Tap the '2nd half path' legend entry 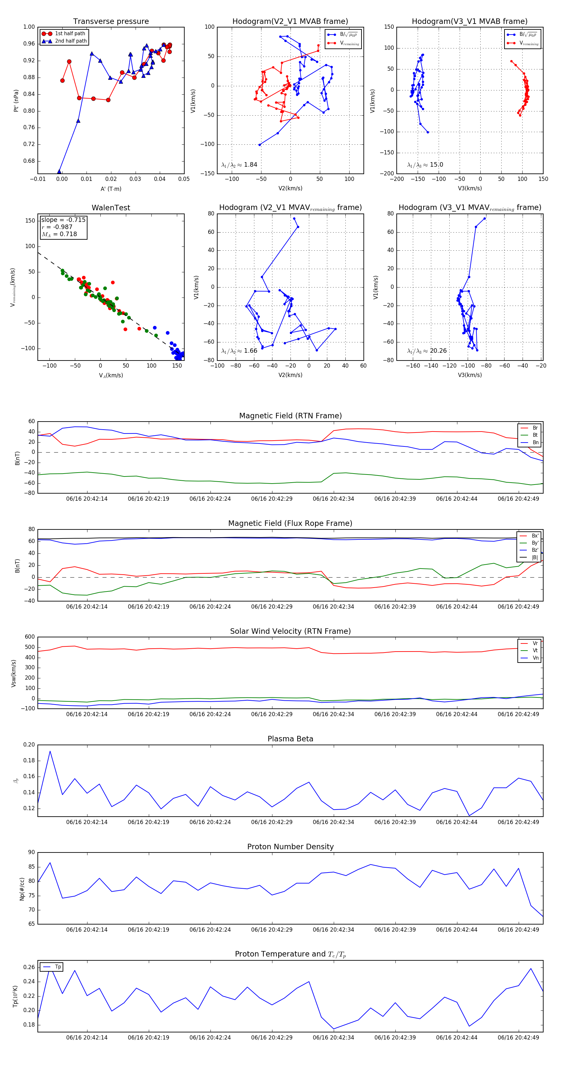pos(71,41)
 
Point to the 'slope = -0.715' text pos(63,220)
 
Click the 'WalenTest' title pos(111,208)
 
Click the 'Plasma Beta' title pos(290,739)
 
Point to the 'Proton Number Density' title pos(290,847)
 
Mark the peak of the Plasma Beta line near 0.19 pos(50,751)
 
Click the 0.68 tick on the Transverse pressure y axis pos(29,161)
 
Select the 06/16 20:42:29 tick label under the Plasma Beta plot pos(272,822)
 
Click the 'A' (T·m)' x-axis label pos(111,189)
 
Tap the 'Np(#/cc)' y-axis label pos(22,889)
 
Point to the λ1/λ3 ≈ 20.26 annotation pos(427,351)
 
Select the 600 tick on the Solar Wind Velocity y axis pos(29,637)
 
